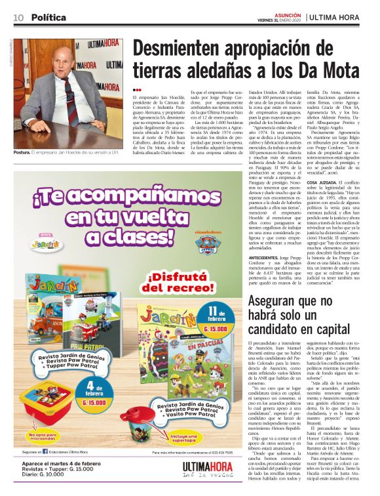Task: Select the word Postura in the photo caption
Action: (22, 152)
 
